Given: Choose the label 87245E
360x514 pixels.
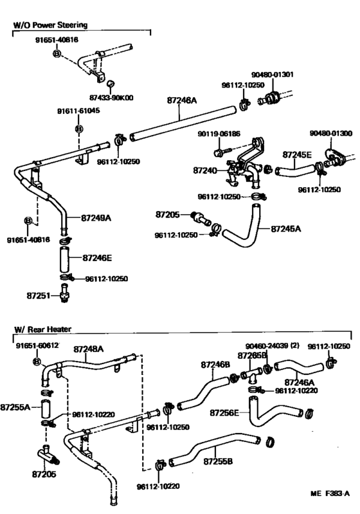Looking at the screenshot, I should click(298, 155).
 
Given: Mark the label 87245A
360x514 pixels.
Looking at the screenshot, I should click(287, 228).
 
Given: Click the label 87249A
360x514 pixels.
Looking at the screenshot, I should click(96, 218).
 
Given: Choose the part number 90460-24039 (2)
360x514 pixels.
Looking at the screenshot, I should click(273, 346).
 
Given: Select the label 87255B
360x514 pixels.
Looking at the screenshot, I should click(218, 462).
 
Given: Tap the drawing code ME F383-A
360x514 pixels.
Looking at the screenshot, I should click(329, 493).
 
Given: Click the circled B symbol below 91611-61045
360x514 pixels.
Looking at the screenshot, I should click(78, 129).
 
